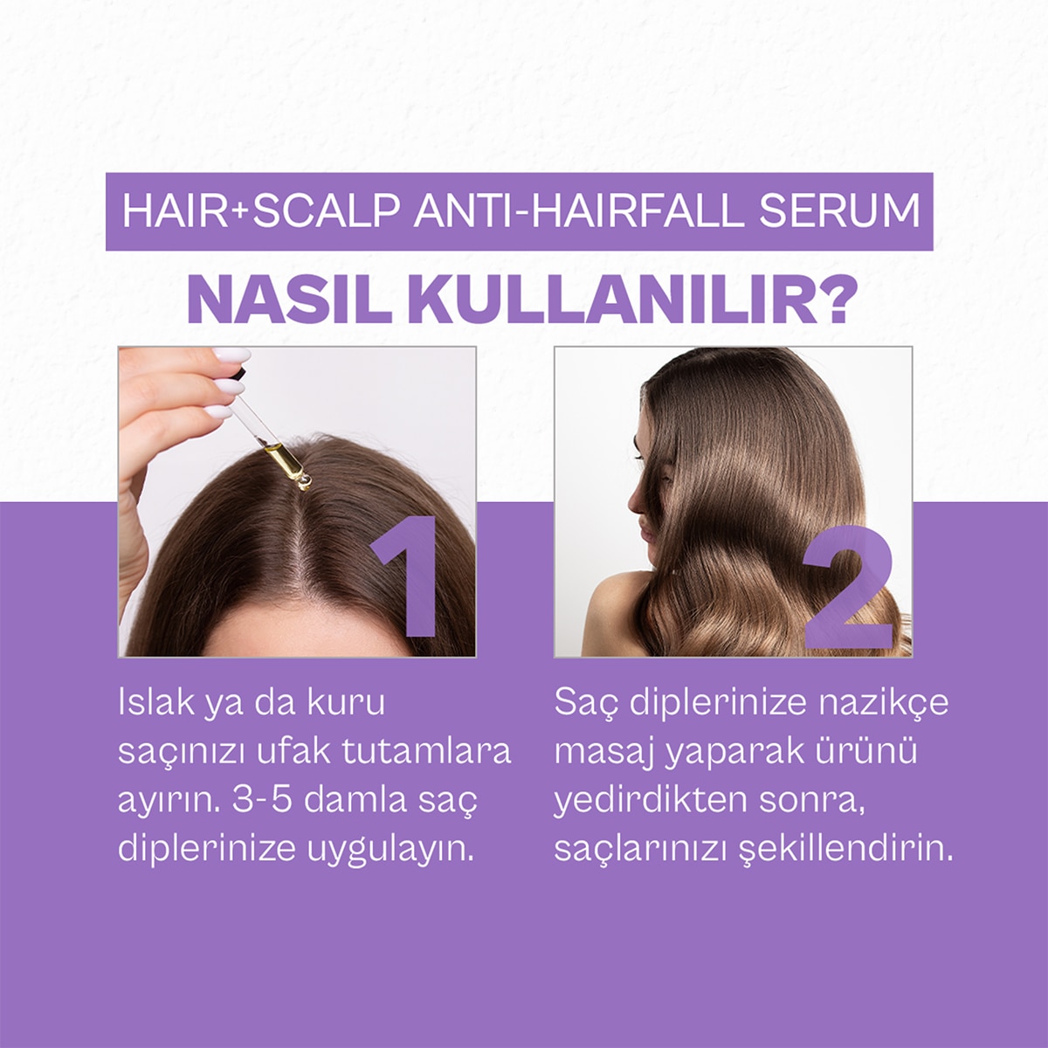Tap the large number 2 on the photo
[x=847, y=589]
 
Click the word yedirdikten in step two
[x=650, y=801]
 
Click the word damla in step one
[x=358, y=801]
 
